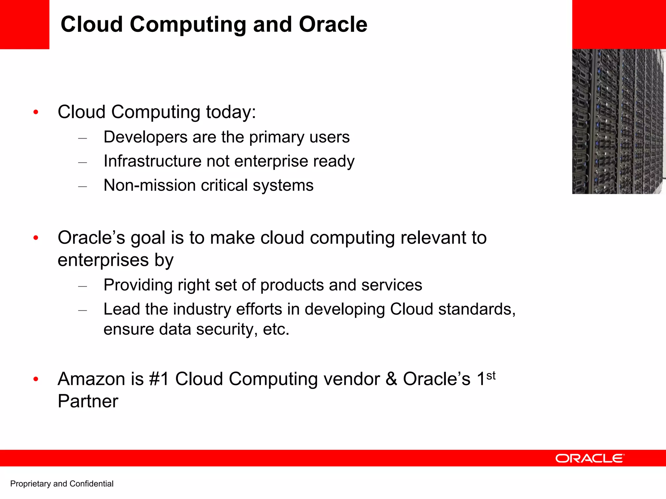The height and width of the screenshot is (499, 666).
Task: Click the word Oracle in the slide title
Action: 333,25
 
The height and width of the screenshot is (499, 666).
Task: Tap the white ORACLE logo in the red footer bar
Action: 590,458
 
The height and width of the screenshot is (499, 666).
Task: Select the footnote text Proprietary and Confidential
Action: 62,484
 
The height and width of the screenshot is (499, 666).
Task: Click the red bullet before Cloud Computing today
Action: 36,113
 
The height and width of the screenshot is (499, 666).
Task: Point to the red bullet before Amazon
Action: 36,379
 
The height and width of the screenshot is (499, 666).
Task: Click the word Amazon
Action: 91,379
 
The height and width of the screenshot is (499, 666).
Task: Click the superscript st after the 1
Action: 491,376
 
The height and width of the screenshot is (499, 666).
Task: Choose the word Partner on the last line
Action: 88,401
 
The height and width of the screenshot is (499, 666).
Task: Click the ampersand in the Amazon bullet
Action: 392,379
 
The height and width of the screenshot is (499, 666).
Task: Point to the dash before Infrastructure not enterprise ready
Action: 83,162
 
